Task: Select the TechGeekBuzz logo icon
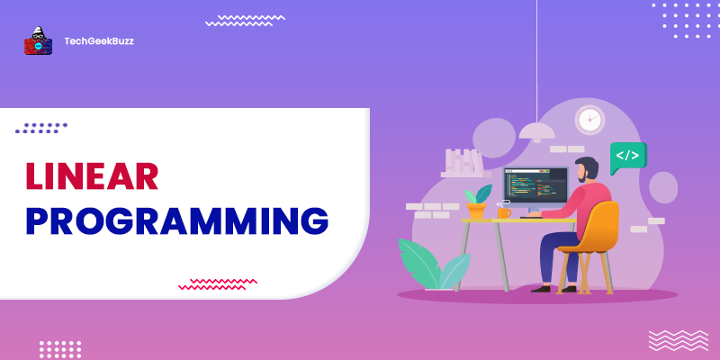tap(39, 40)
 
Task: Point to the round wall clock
tap(589, 119)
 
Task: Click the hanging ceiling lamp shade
tap(537, 131)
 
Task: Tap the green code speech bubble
tap(627, 156)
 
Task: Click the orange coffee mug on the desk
tap(504, 211)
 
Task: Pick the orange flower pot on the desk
tap(477, 211)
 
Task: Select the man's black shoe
tap(541, 288)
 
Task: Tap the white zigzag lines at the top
tap(245, 19)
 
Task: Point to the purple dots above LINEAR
tap(44, 128)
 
